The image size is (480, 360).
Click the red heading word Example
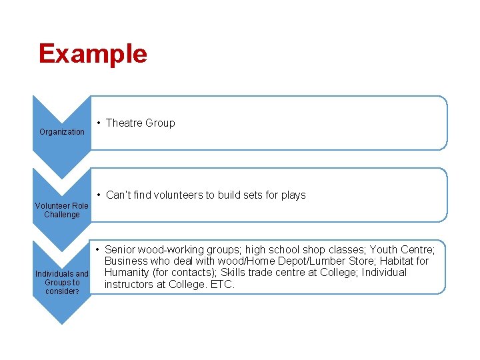click(x=93, y=53)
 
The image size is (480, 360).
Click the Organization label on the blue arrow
click(x=62, y=132)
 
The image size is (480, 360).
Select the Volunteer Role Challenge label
click(x=61, y=210)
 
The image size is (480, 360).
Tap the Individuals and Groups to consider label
click(x=61, y=283)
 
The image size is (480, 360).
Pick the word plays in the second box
click(x=292, y=195)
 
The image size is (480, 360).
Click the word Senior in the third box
click(x=121, y=250)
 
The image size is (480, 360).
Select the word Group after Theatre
click(x=160, y=123)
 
